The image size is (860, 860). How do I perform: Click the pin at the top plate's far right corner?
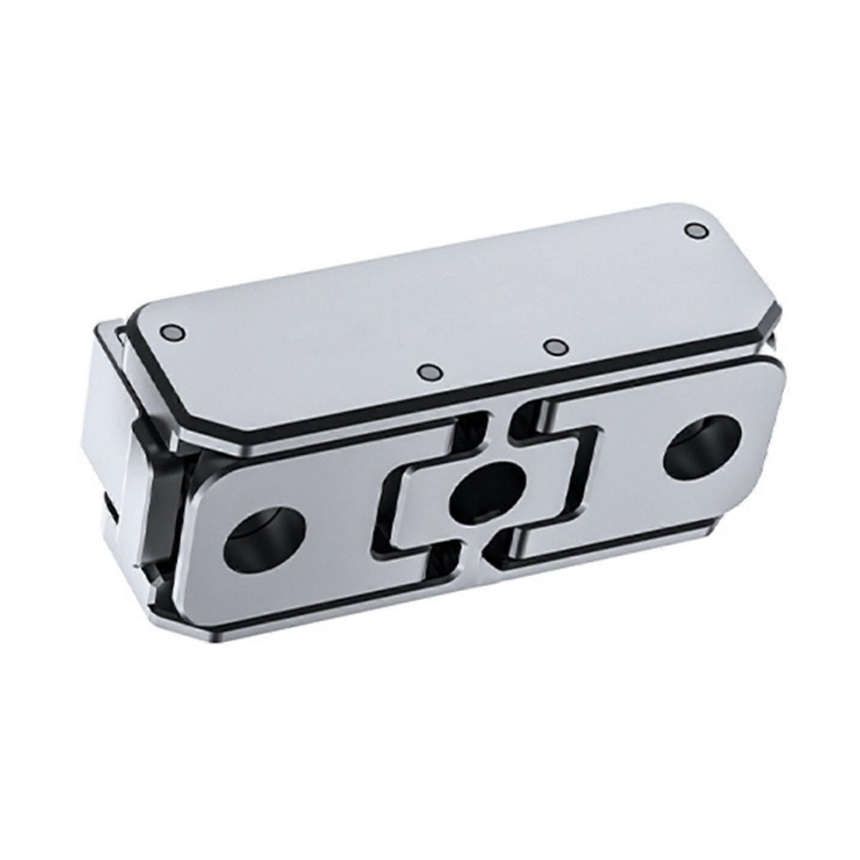coord(696,231)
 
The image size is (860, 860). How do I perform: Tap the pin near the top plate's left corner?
coord(173,333)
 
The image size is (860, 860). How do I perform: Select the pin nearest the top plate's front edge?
coord(431,372)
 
